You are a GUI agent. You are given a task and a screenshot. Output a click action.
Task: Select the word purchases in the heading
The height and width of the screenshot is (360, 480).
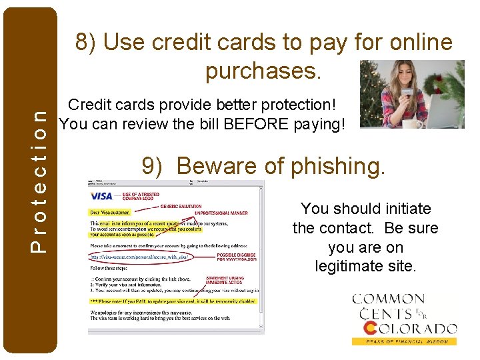263,70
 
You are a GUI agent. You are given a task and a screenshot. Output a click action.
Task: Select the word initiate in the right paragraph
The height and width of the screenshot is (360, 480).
399,209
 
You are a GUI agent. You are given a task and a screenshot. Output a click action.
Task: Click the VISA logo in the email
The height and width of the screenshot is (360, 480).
101,195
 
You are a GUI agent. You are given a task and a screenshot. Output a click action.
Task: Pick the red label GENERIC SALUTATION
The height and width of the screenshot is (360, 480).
180,207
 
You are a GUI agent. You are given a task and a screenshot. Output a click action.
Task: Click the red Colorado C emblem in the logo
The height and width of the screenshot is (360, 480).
371,328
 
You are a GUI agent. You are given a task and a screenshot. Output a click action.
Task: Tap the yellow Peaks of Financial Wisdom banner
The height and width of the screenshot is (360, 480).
404,341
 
